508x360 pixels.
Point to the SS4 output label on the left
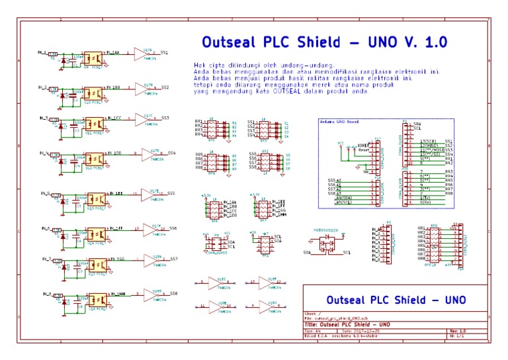coord(171,153)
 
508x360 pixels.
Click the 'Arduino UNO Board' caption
coord(339,121)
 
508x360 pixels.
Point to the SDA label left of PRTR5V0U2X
coord(306,252)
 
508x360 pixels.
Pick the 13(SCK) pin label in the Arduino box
coord(427,142)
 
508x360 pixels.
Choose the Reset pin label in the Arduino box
coord(363,150)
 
